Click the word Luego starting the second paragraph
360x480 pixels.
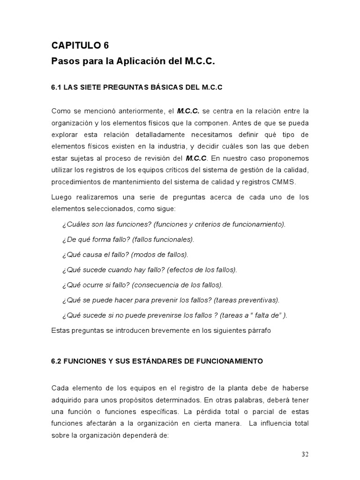(61, 197)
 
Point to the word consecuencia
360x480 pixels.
(158, 285)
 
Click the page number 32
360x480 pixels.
(305, 454)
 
